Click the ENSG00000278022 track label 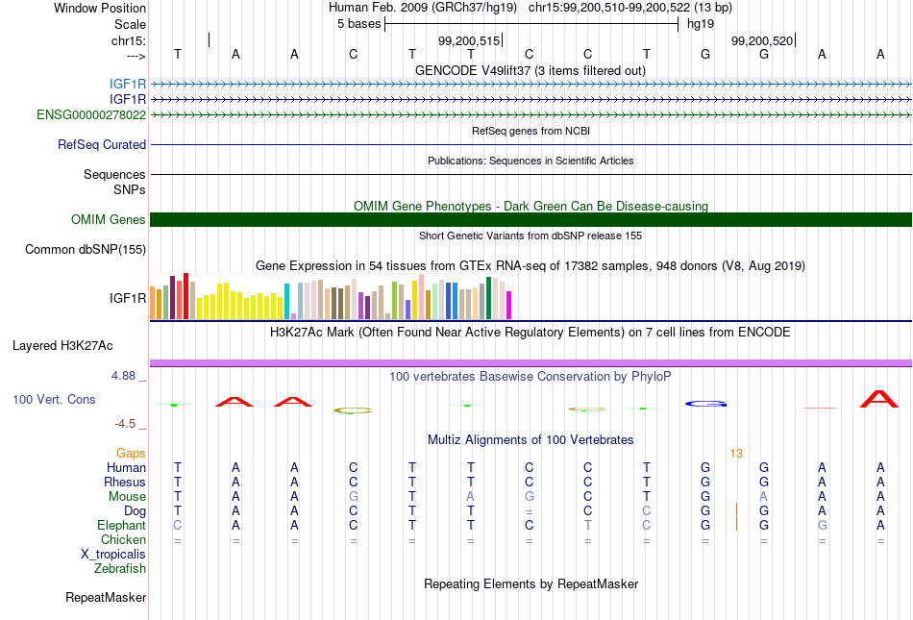91,114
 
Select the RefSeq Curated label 102,144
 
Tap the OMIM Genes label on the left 109,219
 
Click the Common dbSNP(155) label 86,249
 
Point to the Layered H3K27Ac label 62,346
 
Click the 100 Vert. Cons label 54,399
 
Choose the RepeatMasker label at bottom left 106,597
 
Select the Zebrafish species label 120,568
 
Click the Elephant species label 122,525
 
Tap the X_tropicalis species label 113,555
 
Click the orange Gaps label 131,453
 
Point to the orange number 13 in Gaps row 736,454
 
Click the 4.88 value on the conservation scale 123,376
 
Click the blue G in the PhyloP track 705,404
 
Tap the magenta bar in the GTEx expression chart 509,305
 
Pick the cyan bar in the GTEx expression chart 286,301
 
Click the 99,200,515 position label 469,40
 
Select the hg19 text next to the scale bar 701,24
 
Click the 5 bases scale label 358,24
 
